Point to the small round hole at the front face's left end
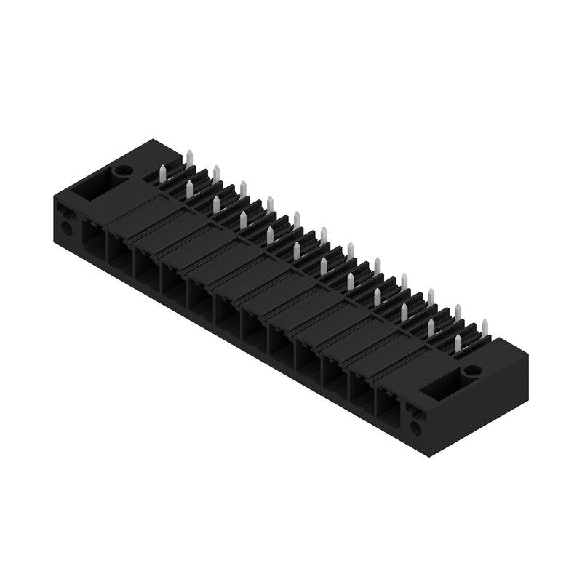(x=68, y=228)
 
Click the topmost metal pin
(x=188, y=157)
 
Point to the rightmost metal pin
(x=485, y=324)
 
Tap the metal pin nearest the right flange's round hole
(x=459, y=343)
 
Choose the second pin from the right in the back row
(x=458, y=311)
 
